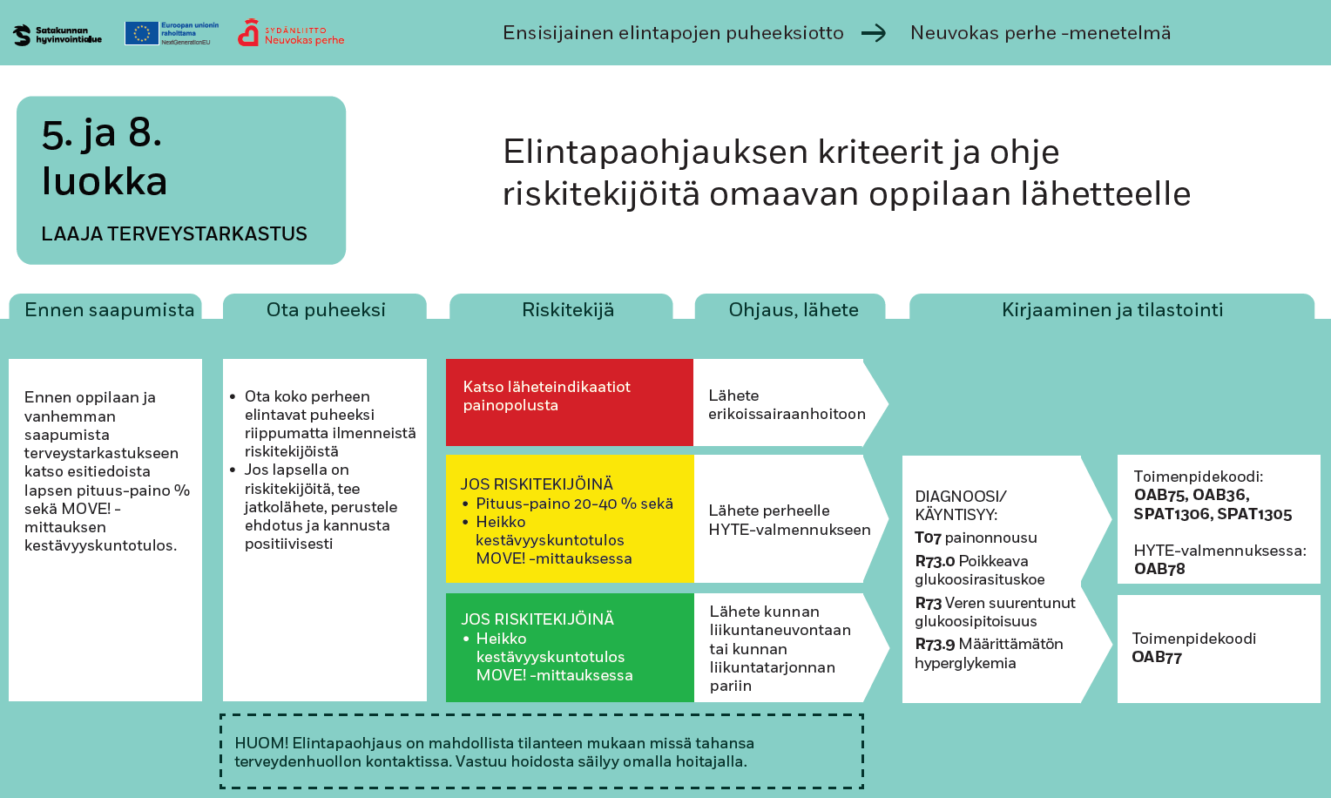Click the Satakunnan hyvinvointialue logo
point(57,35)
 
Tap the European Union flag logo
point(141,33)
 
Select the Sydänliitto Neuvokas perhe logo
point(291,33)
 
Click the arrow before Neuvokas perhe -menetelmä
point(874,33)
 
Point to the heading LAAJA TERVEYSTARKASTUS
point(174,233)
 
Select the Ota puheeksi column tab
point(325,309)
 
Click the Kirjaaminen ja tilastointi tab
point(1111,309)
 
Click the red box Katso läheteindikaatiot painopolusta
point(569,402)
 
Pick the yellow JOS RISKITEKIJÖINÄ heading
point(537,484)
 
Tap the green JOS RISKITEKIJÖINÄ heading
point(537,619)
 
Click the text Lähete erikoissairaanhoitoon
point(787,404)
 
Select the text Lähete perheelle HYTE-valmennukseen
point(789,520)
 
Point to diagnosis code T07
point(929,538)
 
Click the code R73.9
point(935,644)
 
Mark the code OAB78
point(1159,569)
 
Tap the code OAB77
point(1157,657)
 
